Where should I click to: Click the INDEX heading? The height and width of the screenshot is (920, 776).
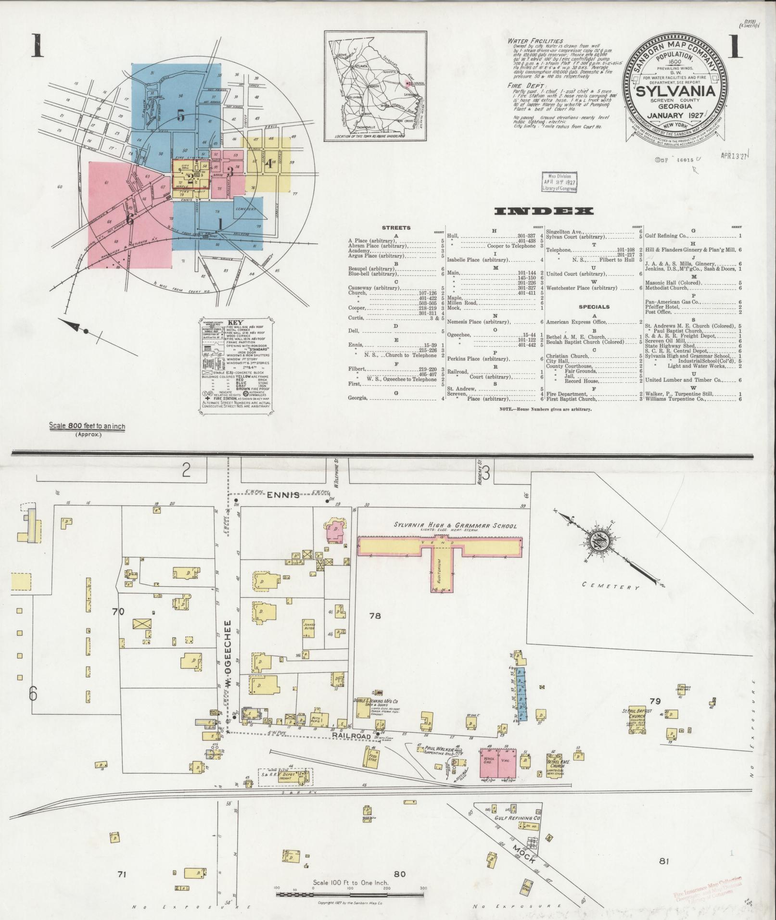point(544,211)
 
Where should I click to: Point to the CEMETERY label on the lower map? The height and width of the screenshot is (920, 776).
point(611,585)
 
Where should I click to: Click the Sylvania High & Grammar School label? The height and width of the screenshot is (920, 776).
point(455,526)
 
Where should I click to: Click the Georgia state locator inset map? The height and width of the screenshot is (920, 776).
point(375,86)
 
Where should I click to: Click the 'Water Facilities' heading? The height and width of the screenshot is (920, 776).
point(535,41)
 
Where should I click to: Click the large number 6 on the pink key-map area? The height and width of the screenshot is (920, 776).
point(129,219)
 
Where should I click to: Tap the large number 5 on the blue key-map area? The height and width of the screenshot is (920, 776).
point(180,116)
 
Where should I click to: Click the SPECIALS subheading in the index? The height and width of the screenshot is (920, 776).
point(594,307)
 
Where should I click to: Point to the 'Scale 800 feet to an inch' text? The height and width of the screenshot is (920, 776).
point(87,426)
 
